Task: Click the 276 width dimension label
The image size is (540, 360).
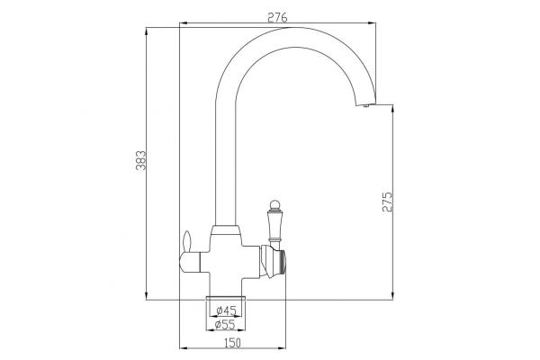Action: point(277,17)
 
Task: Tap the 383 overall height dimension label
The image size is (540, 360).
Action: point(141,160)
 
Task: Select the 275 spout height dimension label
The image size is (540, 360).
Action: point(387,202)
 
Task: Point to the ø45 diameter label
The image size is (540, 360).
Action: point(226,311)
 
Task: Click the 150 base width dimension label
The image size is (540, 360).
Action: point(233,343)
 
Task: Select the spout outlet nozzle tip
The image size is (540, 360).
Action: point(365,105)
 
